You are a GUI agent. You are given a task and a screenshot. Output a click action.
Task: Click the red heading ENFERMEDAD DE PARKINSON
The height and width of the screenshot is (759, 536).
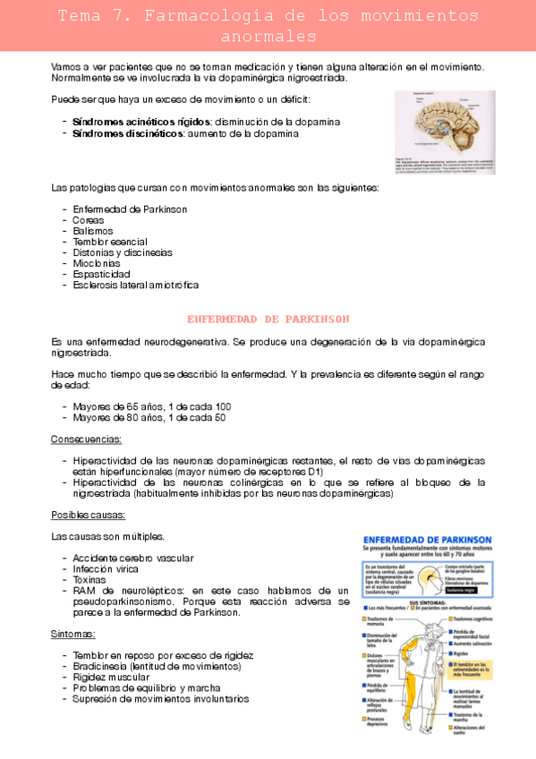click(x=268, y=319)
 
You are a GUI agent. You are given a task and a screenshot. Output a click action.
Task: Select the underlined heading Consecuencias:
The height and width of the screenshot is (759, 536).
click(x=87, y=439)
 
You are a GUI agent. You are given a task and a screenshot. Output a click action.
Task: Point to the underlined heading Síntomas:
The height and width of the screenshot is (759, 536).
click(x=73, y=633)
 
